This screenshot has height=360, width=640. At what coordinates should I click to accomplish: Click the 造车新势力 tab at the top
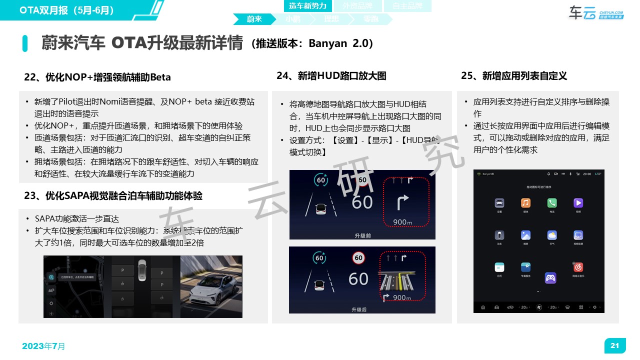[x=307, y=6]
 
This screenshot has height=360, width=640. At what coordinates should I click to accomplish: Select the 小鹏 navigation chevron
[x=293, y=19]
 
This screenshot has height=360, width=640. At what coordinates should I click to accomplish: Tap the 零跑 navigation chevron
[x=370, y=19]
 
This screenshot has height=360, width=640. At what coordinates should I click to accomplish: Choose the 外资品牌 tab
[x=356, y=6]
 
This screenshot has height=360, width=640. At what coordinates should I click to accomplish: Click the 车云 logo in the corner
[x=595, y=13]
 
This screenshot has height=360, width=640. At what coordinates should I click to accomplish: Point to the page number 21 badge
[x=615, y=345]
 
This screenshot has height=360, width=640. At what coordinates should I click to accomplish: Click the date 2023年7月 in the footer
[x=43, y=346]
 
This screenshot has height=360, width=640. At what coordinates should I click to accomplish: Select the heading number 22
[x=31, y=77]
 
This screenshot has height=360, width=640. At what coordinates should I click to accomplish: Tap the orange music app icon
[x=525, y=203]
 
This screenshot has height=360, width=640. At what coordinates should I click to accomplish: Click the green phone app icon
[x=551, y=203]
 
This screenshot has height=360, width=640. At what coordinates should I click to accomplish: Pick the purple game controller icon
[x=550, y=277]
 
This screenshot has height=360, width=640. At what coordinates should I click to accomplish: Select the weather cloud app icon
[x=551, y=235]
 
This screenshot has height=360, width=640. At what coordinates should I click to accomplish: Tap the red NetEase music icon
[x=578, y=267]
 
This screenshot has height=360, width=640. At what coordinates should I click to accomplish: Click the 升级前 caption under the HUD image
[x=362, y=235]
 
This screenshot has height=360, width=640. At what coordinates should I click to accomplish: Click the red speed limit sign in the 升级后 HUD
[x=358, y=258]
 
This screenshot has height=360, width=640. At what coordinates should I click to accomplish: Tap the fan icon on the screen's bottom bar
[x=539, y=307]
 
